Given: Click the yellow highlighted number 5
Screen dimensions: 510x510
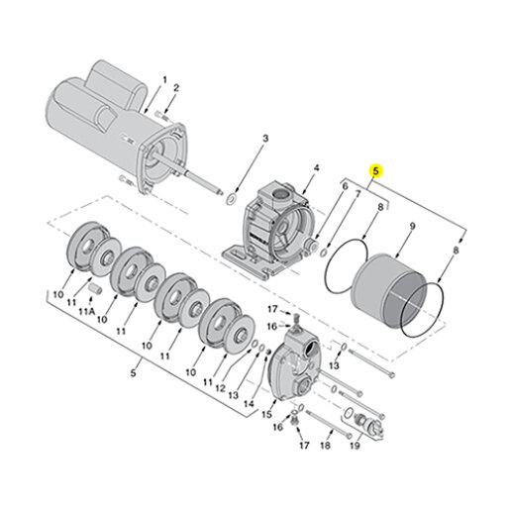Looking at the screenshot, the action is [x=375, y=171].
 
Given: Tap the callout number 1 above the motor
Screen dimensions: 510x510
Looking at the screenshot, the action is [x=164, y=80].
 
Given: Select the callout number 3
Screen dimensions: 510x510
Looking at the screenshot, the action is [x=265, y=139].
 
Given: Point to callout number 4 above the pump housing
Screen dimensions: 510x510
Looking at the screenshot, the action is [x=316, y=168].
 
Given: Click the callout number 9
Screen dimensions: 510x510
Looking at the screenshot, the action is [x=412, y=226].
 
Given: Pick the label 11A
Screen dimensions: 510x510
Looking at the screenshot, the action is [x=87, y=311].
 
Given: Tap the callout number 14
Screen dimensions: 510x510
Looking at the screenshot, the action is [x=249, y=404].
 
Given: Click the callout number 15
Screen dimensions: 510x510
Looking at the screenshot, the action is [x=266, y=414].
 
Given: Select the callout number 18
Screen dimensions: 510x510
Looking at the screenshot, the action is [x=325, y=446].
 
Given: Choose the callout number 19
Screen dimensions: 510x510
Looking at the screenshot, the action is [x=355, y=446].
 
